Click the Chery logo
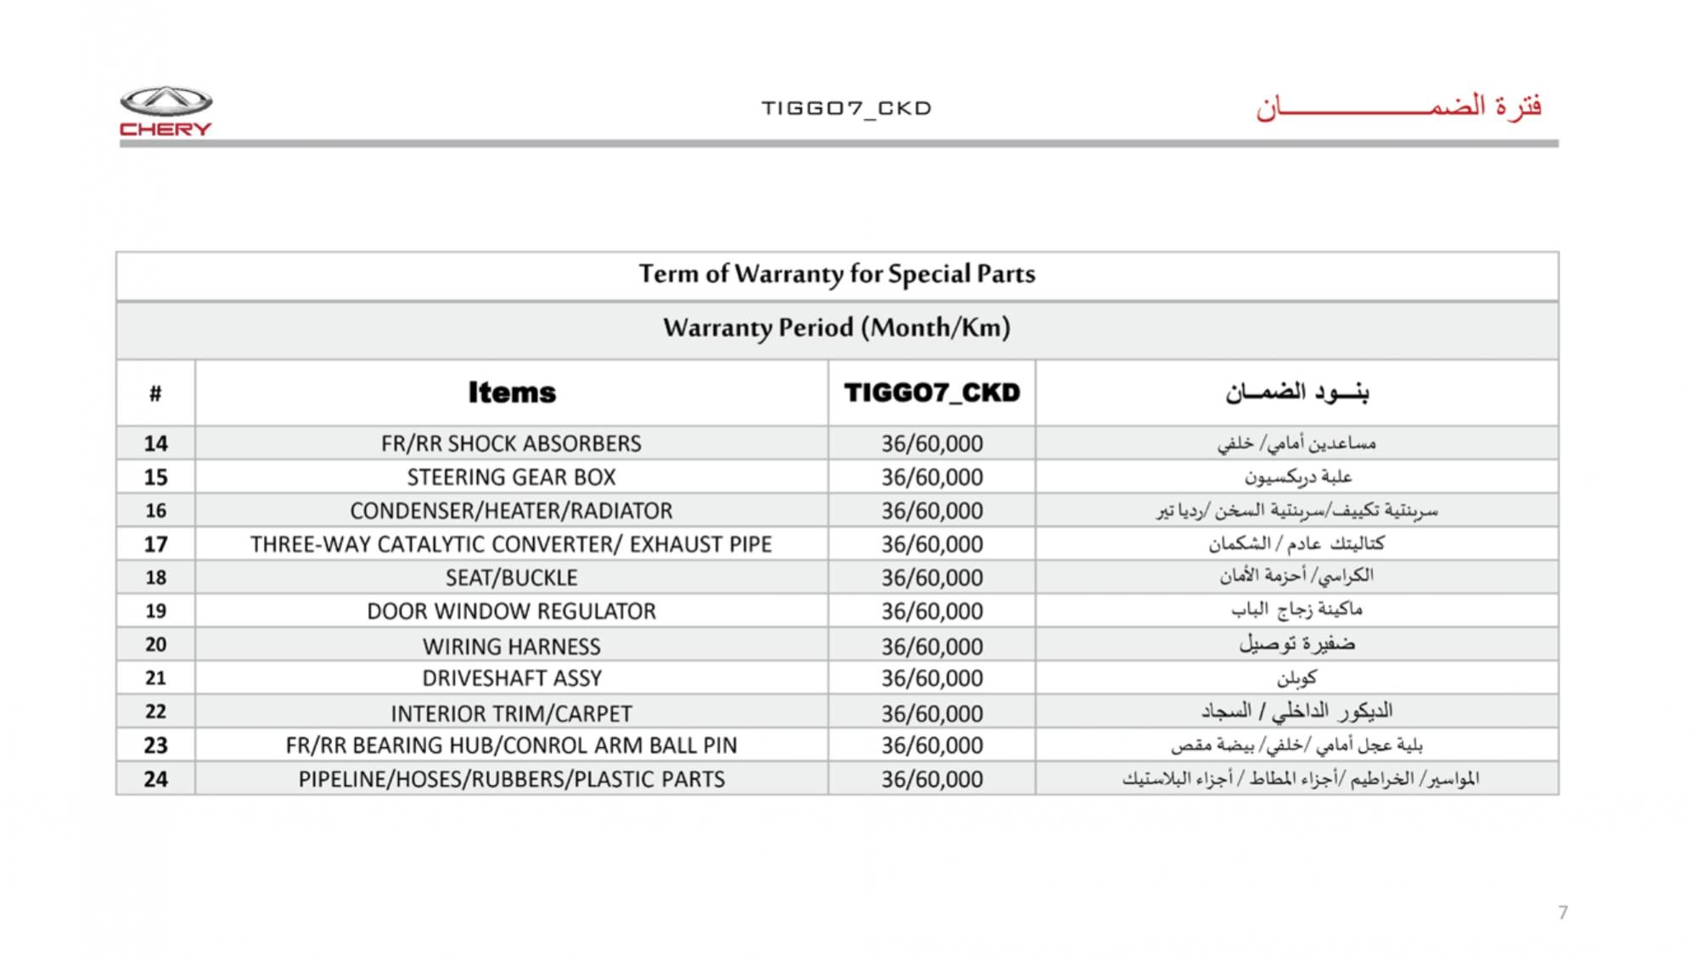[166, 111]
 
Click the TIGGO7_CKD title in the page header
[846, 109]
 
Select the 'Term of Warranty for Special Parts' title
[836, 274]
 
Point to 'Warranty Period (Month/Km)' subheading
[836, 328]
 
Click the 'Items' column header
[512, 392]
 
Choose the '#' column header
[155, 393]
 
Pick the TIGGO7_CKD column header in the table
[931, 392]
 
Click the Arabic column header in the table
[1296, 392]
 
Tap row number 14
[155, 443]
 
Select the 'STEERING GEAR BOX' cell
[511, 477]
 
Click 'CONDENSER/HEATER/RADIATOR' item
[511, 510]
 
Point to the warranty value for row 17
[931, 544]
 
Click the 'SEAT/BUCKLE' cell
[511, 577]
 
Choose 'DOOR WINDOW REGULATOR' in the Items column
[511, 611]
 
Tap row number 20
[155, 644]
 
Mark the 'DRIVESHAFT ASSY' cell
[511, 678]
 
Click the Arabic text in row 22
[1296, 711]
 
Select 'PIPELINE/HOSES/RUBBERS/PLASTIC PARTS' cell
[511, 779]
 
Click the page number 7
[1562, 913]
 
